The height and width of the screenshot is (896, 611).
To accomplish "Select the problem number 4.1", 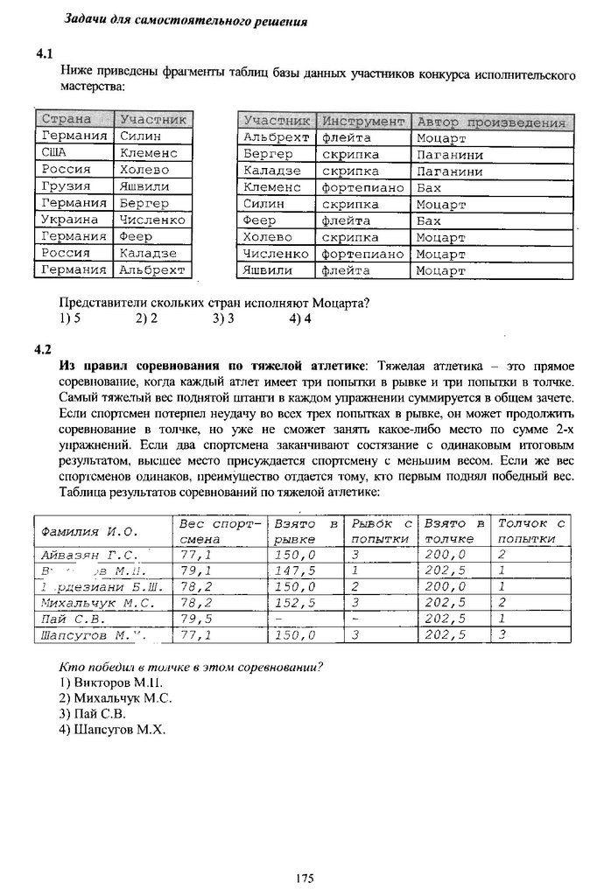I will [45, 53].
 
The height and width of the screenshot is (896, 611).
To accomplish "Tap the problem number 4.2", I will [44, 350].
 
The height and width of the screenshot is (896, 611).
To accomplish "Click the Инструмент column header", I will [362, 121].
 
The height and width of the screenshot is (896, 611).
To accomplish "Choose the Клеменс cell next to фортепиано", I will [272, 187].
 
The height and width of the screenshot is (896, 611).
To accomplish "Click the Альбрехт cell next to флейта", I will [277, 137].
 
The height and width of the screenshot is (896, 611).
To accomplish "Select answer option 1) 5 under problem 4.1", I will [71, 319].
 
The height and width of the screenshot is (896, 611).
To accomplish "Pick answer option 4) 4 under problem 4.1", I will [299, 319].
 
